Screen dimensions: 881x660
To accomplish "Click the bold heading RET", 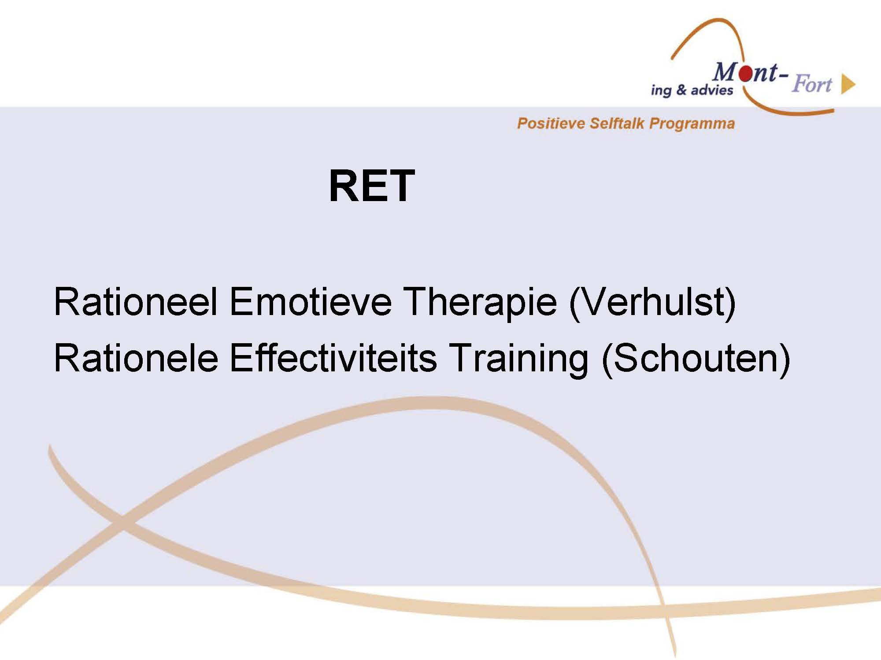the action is tap(372, 186).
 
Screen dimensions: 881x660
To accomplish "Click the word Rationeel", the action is tap(136, 302).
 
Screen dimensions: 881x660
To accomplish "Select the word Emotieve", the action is tap(310, 302).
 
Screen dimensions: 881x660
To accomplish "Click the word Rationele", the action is tap(136, 358).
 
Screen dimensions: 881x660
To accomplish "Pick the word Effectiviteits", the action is tap(333, 358).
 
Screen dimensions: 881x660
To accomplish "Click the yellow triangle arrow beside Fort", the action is tap(848, 84).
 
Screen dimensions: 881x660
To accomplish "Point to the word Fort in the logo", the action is tap(811, 84).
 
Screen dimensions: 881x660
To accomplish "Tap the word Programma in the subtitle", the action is tap(692, 124).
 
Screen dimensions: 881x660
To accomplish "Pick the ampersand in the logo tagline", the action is tap(681, 90).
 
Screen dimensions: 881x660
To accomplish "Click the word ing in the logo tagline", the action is tap(662, 91).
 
